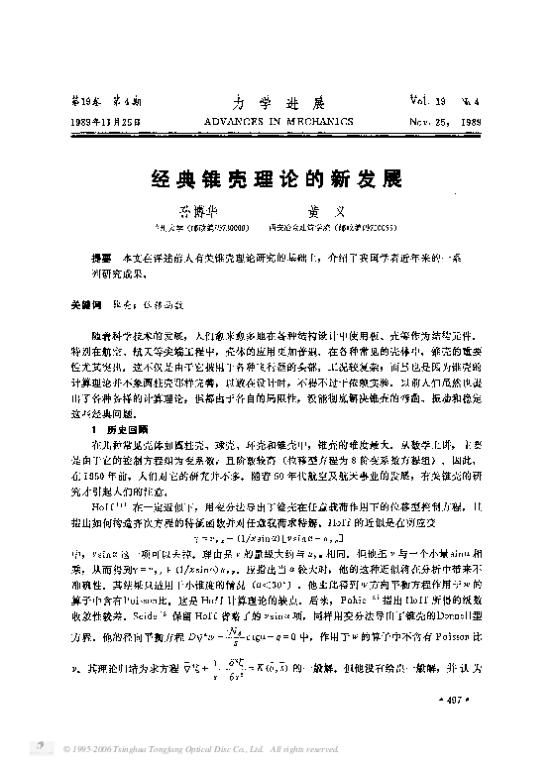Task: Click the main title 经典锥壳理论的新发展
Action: tap(276, 178)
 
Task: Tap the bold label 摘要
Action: tap(100, 256)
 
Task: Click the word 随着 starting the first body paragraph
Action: tap(101, 336)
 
